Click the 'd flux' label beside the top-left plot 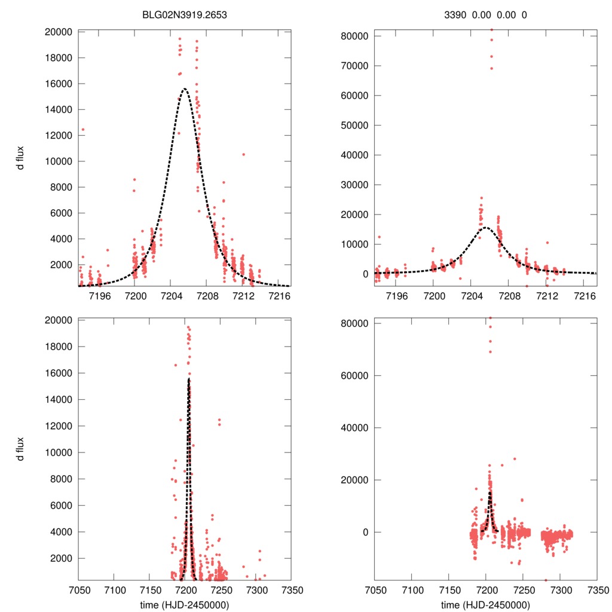point(21,159)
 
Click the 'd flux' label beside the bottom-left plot point(21,449)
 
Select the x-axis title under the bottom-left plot point(185,604)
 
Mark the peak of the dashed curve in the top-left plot point(184,89)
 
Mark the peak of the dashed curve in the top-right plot point(485,227)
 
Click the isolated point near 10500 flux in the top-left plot point(243,154)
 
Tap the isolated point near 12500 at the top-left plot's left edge point(83,129)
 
